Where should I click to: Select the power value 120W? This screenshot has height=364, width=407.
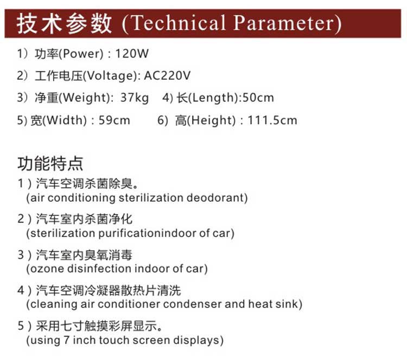132,54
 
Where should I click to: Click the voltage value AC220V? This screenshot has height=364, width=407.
167,75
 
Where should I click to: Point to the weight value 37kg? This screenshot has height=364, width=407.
135,98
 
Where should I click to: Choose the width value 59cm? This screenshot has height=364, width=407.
114,120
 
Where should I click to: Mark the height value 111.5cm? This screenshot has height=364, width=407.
272,120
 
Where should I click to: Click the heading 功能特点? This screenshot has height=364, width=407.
50,163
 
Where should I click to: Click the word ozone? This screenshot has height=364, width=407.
48,269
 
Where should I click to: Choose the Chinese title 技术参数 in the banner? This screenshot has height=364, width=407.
64,24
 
